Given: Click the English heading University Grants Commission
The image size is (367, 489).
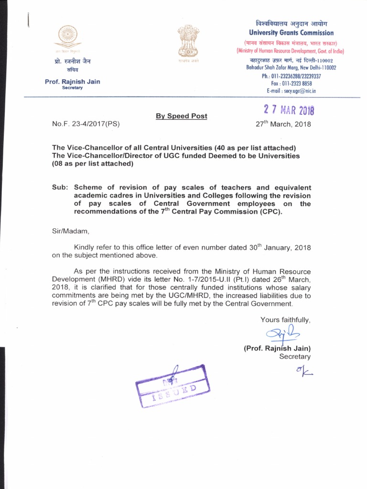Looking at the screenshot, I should click(x=291, y=32).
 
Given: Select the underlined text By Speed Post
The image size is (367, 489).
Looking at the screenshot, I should click(x=181, y=116).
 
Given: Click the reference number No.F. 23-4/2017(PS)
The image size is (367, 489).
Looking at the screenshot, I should click(x=86, y=124).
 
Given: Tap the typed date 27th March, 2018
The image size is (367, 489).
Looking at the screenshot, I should click(x=283, y=124).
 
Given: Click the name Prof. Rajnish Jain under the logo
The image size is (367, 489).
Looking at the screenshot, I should click(x=73, y=82).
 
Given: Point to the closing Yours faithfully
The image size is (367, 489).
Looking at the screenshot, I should click(x=285, y=319).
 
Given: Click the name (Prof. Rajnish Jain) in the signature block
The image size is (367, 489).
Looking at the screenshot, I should click(x=277, y=348).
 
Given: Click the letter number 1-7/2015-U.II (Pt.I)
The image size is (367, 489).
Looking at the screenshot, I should click(x=205, y=279).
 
